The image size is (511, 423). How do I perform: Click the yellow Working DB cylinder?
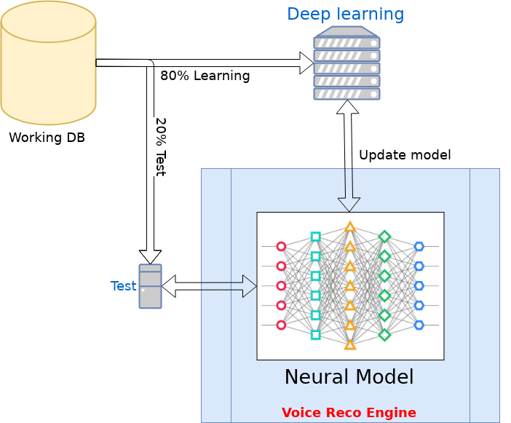(48, 63)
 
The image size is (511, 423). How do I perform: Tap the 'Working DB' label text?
(47, 138)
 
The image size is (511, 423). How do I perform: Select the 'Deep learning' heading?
(346, 15)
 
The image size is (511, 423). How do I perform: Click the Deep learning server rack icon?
(346, 63)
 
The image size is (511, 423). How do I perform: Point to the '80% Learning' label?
(205, 76)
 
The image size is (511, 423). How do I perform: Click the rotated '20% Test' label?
(161, 147)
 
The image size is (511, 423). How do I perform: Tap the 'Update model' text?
(405, 155)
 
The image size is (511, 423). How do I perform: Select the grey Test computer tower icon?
(150, 286)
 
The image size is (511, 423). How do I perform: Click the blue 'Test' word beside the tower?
(124, 286)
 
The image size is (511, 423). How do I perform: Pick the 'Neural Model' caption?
(349, 376)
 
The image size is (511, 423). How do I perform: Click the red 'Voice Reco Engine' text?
(349, 413)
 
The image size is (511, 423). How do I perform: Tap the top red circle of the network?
(281, 246)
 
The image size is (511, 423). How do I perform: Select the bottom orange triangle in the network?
(350, 345)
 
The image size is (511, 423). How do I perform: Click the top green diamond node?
(384, 237)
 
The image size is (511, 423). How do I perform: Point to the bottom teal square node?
(315, 335)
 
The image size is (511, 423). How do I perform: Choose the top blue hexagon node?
(419, 246)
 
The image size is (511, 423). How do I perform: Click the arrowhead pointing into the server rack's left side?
(306, 63)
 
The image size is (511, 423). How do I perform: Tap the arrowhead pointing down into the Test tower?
(150, 257)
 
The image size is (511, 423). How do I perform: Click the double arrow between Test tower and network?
(209, 286)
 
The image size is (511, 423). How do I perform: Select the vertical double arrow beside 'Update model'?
(349, 156)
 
